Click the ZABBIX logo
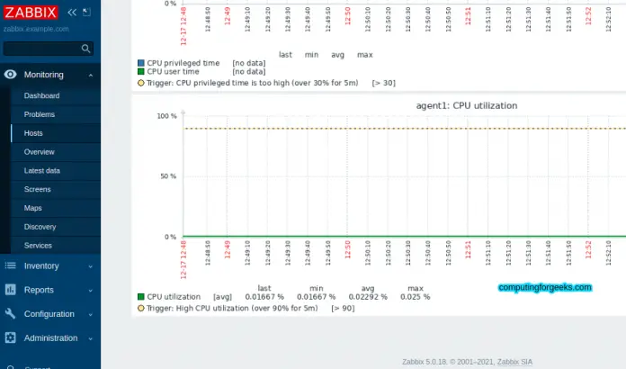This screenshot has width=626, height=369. tap(31, 12)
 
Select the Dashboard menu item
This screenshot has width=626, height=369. tap(41, 95)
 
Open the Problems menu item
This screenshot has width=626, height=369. tap(40, 114)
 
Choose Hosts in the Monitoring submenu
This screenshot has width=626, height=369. tap(33, 133)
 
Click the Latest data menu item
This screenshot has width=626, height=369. tap(42, 170)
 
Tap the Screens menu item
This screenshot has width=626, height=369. tap(37, 189)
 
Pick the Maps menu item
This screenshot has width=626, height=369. tap(32, 208)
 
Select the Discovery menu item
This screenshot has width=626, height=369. tap(40, 227)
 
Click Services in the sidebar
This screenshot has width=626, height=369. tap(38, 245)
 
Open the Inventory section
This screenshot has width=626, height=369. tap(41, 265)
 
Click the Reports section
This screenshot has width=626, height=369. tap(39, 290)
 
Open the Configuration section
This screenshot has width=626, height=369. tap(49, 314)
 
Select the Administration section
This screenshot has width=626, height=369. tap(50, 338)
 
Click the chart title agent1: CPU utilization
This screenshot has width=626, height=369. tap(466, 105)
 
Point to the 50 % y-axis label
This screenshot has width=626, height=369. tap(167, 176)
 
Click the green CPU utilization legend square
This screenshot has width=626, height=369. tap(140, 296)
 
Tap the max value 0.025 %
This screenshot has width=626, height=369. tap(415, 296)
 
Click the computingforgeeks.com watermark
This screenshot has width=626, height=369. tap(545, 288)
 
